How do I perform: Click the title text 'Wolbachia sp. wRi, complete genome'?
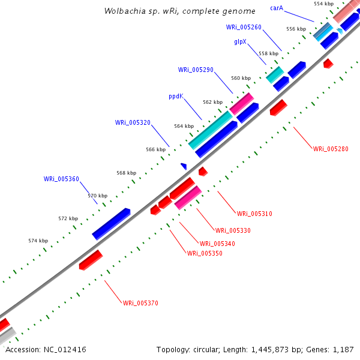coord(179,11)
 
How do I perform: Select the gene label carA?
coord(277,8)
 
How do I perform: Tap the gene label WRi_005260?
coord(244,27)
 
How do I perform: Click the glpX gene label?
coord(241,42)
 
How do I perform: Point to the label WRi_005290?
coord(196,70)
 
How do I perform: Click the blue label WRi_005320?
coord(133,122)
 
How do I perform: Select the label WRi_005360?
coord(61,179)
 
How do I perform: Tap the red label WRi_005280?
coord(331,148)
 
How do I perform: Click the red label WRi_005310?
coord(254,214)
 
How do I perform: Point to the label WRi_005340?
coord(217,244)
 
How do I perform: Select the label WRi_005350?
coord(205,253)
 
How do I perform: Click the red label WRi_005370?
coord(140,303)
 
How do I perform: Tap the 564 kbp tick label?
coord(184,126)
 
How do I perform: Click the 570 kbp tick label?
coord(98,196)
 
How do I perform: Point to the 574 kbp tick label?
coord(38,241)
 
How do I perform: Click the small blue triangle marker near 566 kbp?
coord(184,166)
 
